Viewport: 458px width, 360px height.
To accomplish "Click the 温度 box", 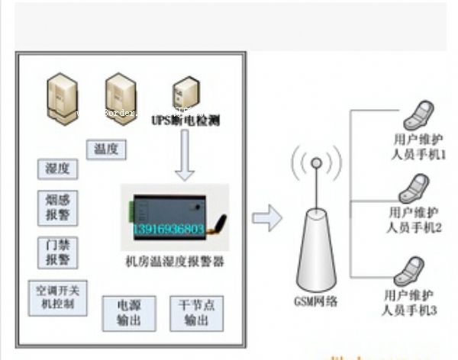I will [x=107, y=149].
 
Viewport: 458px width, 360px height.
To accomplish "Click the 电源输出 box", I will [x=128, y=313].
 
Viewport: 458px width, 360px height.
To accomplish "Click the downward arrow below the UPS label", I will [x=185, y=156].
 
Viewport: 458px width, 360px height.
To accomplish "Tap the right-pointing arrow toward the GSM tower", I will [x=267, y=219].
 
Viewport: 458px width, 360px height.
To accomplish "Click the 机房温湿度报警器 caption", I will [x=175, y=263].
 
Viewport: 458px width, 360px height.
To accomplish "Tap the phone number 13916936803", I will [x=169, y=229].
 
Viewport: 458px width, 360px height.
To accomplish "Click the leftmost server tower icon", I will [x=60, y=95].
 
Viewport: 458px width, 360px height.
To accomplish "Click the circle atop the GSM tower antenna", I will [x=315, y=162].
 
